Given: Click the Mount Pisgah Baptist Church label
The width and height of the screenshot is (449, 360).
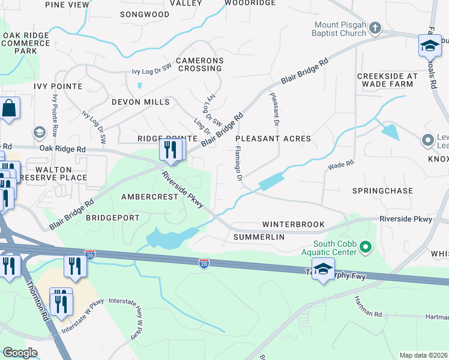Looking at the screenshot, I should click(x=340, y=29).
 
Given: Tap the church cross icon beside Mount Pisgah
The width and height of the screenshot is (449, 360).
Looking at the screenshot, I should click(x=375, y=28).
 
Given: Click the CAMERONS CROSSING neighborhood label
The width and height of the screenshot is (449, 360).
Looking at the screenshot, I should click(x=199, y=65).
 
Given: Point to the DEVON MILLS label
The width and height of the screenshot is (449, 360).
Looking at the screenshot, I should click(x=140, y=102).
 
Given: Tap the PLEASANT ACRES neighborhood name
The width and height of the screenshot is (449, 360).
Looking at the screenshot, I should click(x=277, y=139).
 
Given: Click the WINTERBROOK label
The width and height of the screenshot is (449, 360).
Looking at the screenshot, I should click(x=294, y=224).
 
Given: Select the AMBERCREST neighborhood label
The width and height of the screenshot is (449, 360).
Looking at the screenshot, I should click(x=149, y=197).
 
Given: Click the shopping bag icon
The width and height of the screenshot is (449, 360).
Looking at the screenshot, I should click(x=10, y=109).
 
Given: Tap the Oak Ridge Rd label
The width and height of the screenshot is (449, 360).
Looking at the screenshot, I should click(x=62, y=148).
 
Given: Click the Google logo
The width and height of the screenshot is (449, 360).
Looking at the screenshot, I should click(x=20, y=353).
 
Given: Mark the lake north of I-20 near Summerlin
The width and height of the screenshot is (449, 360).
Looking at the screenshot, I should click(x=171, y=238).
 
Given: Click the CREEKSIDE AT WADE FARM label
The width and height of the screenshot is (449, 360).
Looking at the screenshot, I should click(x=387, y=80).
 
